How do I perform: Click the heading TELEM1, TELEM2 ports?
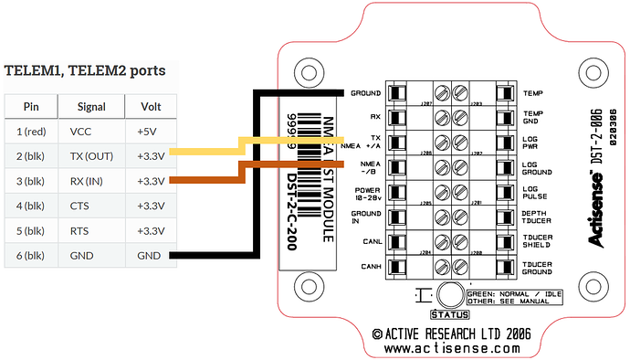[x=84, y=69]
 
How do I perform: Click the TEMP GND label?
[x=534, y=118]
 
